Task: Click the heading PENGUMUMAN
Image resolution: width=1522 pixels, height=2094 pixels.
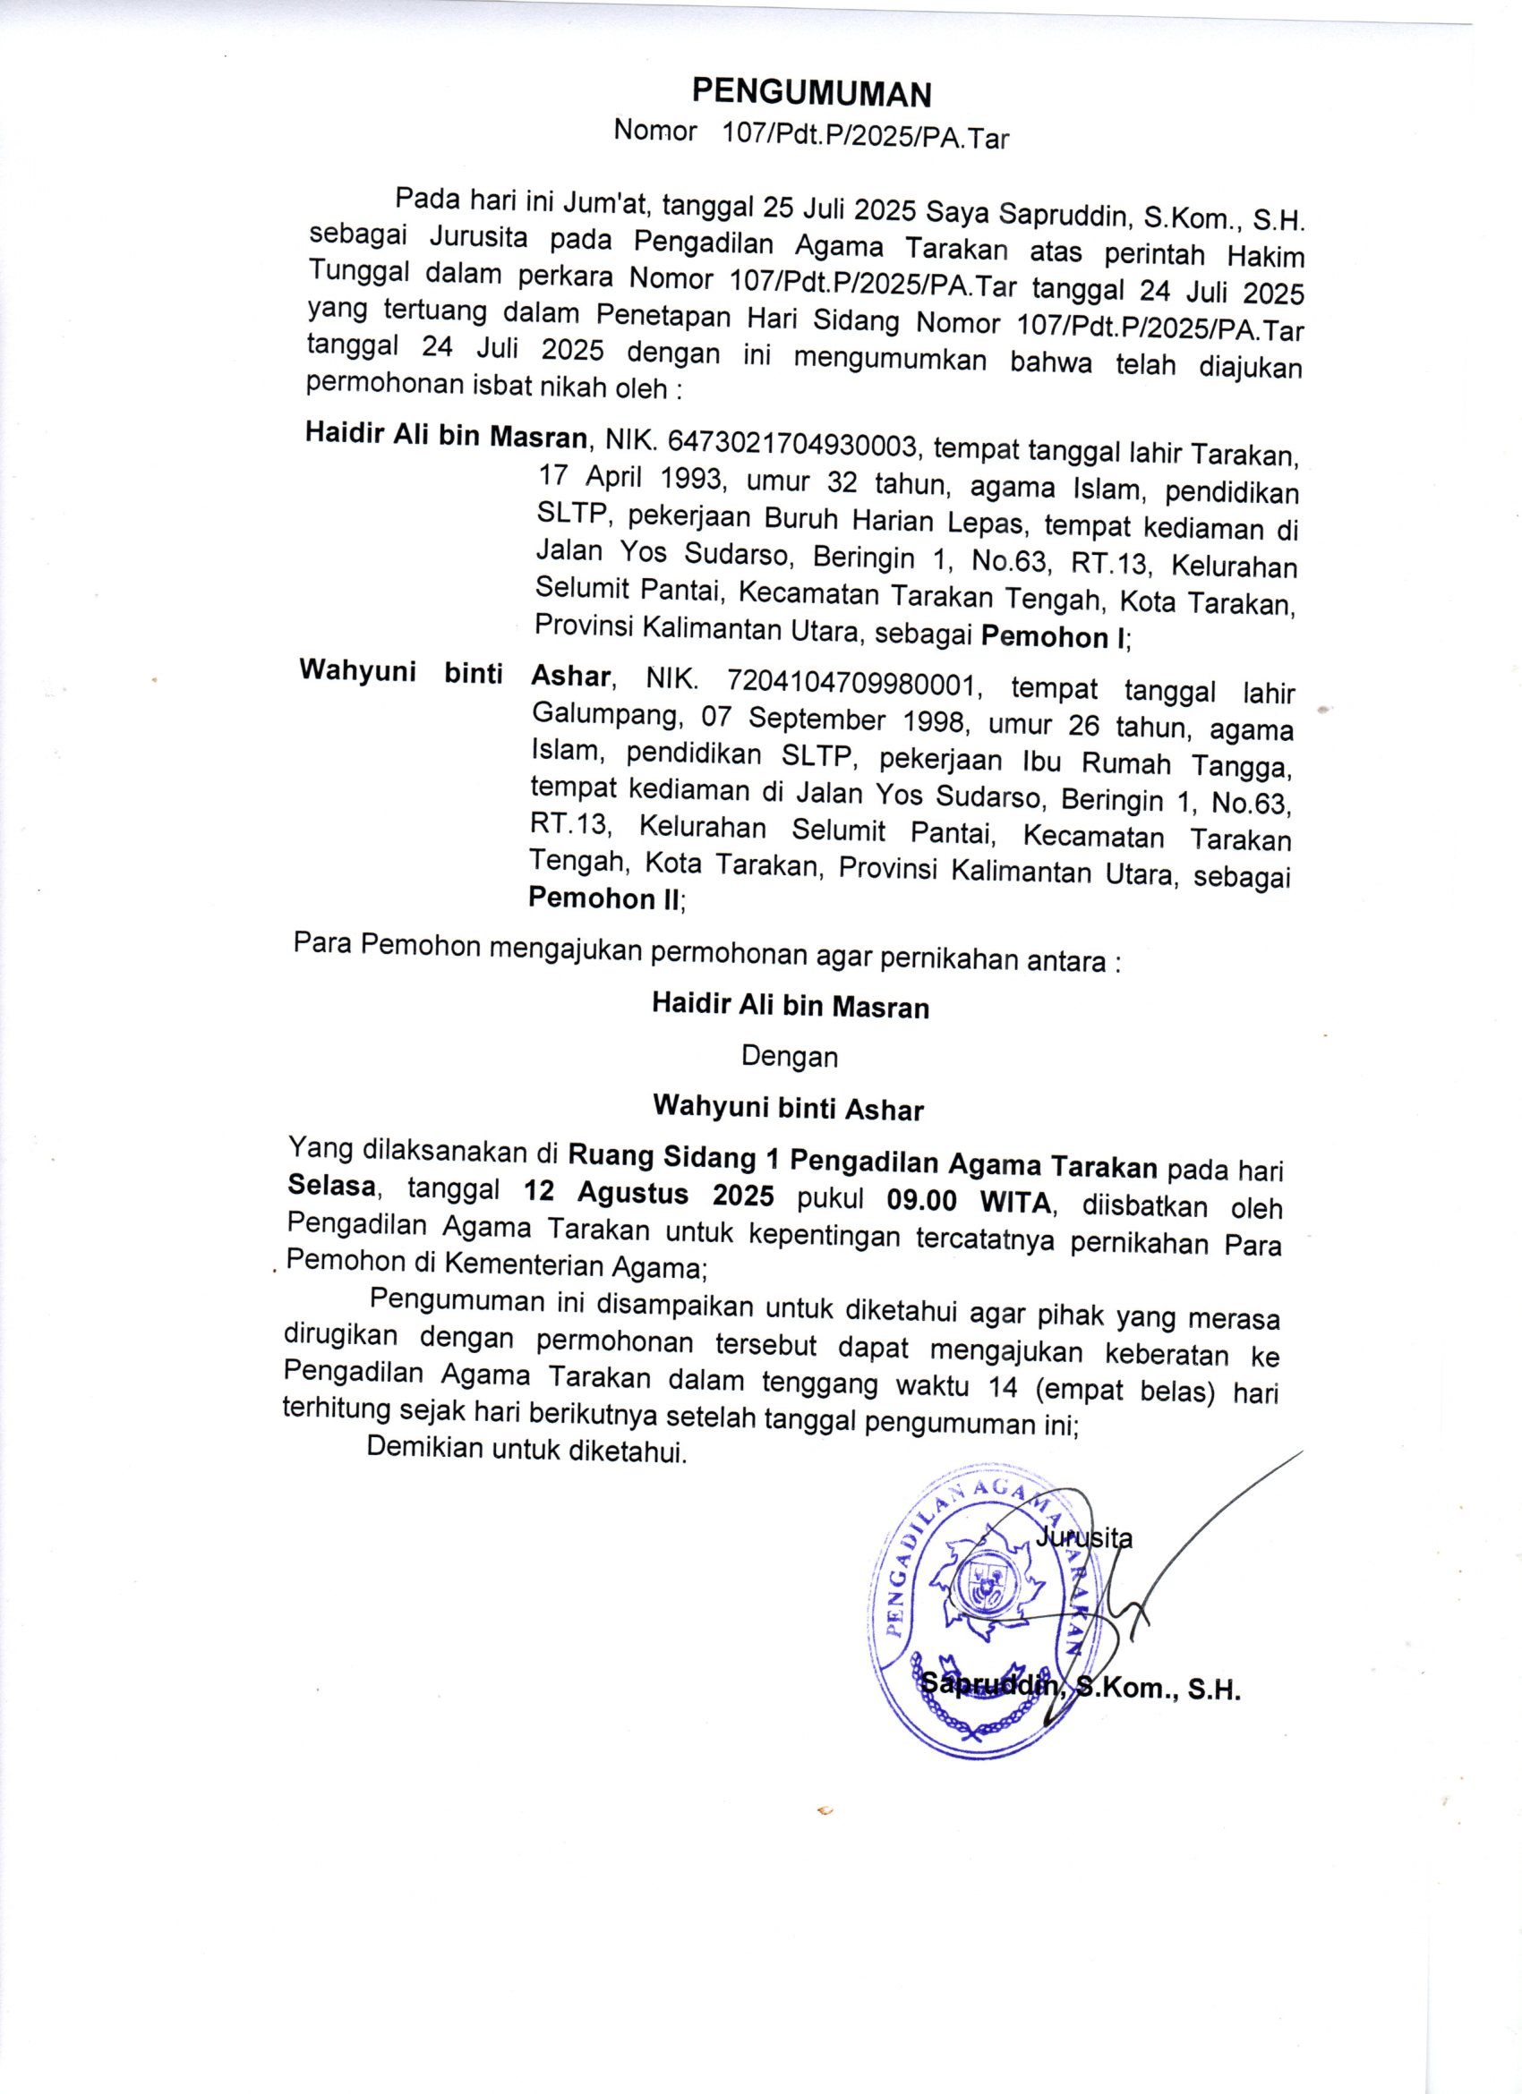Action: click(x=812, y=93)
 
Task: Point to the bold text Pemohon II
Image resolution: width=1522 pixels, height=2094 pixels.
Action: click(x=604, y=898)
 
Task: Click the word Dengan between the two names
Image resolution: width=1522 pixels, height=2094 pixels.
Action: click(x=790, y=1056)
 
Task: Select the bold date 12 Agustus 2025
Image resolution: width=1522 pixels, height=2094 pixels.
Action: click(x=648, y=1195)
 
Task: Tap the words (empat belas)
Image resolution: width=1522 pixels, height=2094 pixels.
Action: click(x=1119, y=1391)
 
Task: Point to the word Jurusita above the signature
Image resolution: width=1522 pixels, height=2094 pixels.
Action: click(x=1083, y=1537)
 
